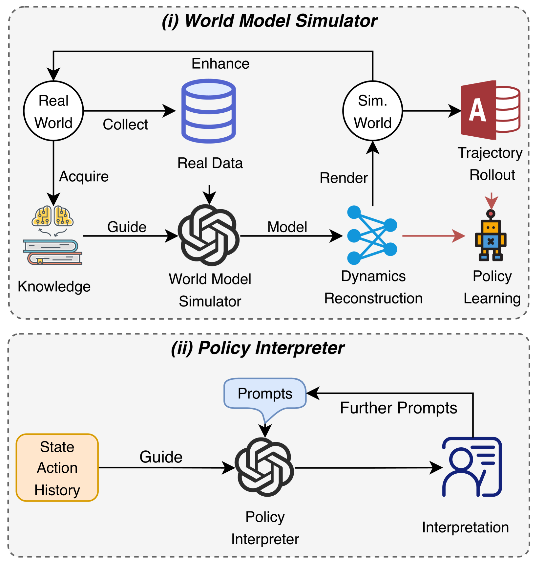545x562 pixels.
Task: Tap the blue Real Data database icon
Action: tap(209, 111)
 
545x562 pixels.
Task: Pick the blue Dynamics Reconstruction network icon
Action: tap(372, 235)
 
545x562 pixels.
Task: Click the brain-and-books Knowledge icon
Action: tap(53, 235)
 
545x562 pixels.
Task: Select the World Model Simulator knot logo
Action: tap(209, 235)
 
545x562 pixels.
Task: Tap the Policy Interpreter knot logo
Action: tap(264, 467)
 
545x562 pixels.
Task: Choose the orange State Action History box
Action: tap(57, 468)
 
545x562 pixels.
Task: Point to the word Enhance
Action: tap(220, 63)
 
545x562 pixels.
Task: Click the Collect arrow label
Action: tap(125, 124)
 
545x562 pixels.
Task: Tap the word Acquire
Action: tap(84, 177)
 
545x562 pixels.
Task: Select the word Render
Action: tap(344, 178)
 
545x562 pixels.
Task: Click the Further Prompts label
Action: tap(399, 408)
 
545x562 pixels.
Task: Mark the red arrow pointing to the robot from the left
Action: tap(434, 236)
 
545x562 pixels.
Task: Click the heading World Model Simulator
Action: tap(269, 21)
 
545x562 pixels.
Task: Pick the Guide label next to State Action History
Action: tap(161, 457)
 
